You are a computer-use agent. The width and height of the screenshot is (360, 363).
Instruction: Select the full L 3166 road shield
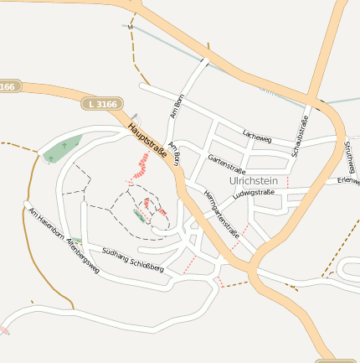102,104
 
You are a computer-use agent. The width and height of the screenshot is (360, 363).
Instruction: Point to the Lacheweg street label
257,134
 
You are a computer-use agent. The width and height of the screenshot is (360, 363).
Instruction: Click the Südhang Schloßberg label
133,256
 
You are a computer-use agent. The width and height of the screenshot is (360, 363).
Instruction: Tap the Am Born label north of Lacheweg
176,107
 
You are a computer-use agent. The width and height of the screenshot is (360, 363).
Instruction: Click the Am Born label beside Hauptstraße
174,155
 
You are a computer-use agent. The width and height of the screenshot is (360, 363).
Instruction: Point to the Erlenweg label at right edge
347,180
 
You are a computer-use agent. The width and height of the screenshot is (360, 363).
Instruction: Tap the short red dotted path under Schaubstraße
288,180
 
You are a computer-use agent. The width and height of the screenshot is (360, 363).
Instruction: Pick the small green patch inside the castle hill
138,215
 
